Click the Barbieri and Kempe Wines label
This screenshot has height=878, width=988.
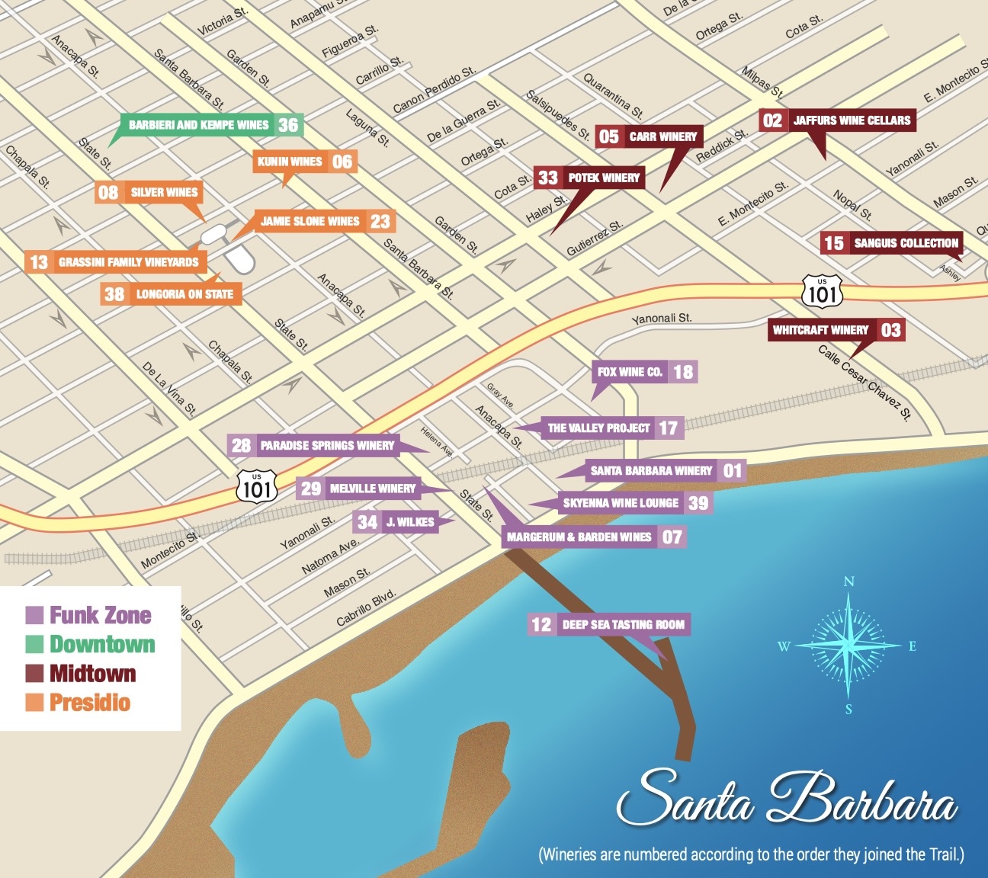[198, 125]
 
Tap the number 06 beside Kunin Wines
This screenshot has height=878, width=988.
[342, 162]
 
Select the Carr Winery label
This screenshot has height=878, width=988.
[662, 136]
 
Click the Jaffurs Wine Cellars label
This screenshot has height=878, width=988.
[851, 120]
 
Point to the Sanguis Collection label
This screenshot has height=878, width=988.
[906, 243]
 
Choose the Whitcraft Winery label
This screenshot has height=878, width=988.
[820, 330]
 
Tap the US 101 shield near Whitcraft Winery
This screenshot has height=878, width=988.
[822, 291]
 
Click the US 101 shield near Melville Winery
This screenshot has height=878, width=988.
[256, 485]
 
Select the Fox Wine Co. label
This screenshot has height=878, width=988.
[630, 372]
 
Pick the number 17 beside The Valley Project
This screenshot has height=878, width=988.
[669, 428]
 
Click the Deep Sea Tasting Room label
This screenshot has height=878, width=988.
[623, 625]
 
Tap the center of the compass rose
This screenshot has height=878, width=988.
[848, 646]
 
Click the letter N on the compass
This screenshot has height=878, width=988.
[848, 582]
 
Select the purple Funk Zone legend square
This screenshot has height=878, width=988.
[34, 615]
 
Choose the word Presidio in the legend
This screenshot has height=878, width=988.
[90, 703]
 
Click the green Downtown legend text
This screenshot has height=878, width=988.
[102, 644]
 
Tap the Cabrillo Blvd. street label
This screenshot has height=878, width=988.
[366, 607]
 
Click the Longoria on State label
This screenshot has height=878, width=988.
[184, 294]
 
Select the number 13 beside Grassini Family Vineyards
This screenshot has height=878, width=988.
[39, 262]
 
